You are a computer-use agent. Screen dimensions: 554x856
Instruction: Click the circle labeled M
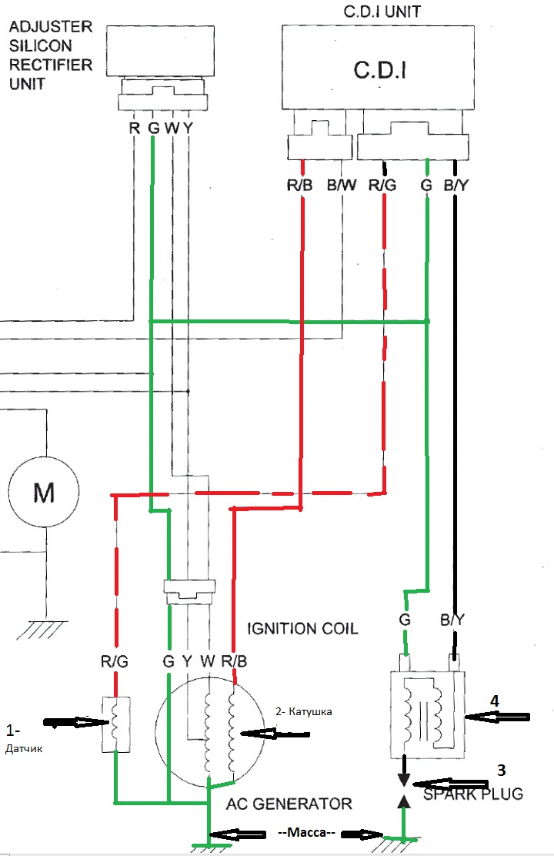click(44, 493)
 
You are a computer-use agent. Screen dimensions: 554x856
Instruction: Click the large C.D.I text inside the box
click(380, 70)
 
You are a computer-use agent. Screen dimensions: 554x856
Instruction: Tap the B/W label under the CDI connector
click(341, 186)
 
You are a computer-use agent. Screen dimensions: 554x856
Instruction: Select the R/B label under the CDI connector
click(299, 186)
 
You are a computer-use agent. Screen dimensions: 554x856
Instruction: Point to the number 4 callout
click(495, 701)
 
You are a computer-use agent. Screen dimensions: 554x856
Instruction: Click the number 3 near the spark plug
click(501, 771)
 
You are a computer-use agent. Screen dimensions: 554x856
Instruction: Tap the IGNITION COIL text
click(302, 628)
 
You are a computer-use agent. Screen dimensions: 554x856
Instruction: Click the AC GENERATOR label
click(289, 804)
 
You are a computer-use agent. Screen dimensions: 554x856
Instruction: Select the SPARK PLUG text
click(473, 793)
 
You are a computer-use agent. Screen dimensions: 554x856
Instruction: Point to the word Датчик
click(24, 748)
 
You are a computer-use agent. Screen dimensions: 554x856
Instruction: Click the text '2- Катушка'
click(303, 711)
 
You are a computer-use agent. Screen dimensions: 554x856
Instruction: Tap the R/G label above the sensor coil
click(115, 662)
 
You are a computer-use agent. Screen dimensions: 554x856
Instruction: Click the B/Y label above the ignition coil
click(452, 620)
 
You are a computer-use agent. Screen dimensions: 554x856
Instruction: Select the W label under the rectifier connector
click(172, 129)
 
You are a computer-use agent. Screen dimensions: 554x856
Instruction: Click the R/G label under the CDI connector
click(382, 186)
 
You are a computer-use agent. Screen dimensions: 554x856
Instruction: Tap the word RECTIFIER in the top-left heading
click(51, 65)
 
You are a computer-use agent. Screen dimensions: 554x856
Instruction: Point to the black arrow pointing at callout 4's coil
click(497, 717)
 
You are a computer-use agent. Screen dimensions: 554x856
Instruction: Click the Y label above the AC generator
click(187, 662)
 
